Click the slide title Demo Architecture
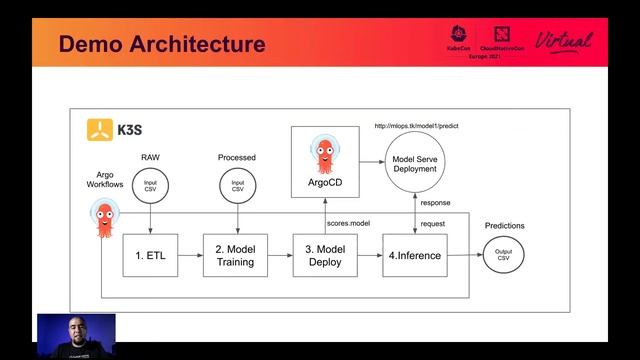click(162, 44)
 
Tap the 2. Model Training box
click(236, 256)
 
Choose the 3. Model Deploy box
click(323, 256)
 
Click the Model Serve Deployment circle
click(414, 163)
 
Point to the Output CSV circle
click(503, 257)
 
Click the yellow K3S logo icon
click(99, 128)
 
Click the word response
click(435, 202)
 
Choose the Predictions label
click(503, 226)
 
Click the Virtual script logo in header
click(564, 42)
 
